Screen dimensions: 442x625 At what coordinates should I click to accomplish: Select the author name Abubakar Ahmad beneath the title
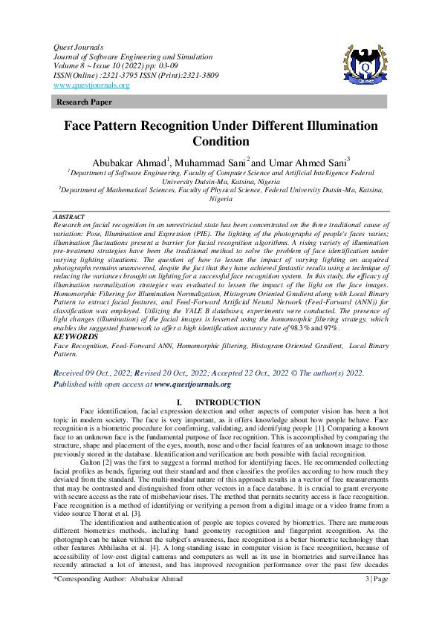point(128,162)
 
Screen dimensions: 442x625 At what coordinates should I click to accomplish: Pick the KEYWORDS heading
point(76,336)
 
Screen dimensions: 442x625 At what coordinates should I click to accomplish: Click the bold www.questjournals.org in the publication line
point(192,385)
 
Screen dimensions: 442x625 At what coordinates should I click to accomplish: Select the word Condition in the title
point(221,142)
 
